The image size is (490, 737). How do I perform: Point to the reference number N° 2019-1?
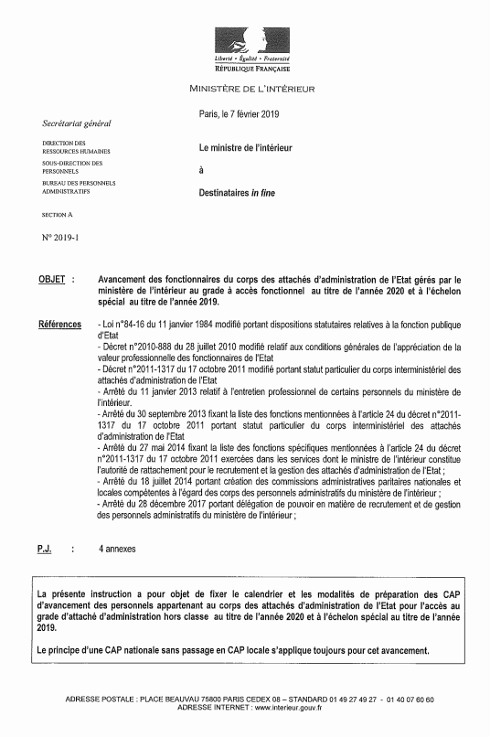61,238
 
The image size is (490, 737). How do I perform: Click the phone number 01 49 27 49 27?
348,700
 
